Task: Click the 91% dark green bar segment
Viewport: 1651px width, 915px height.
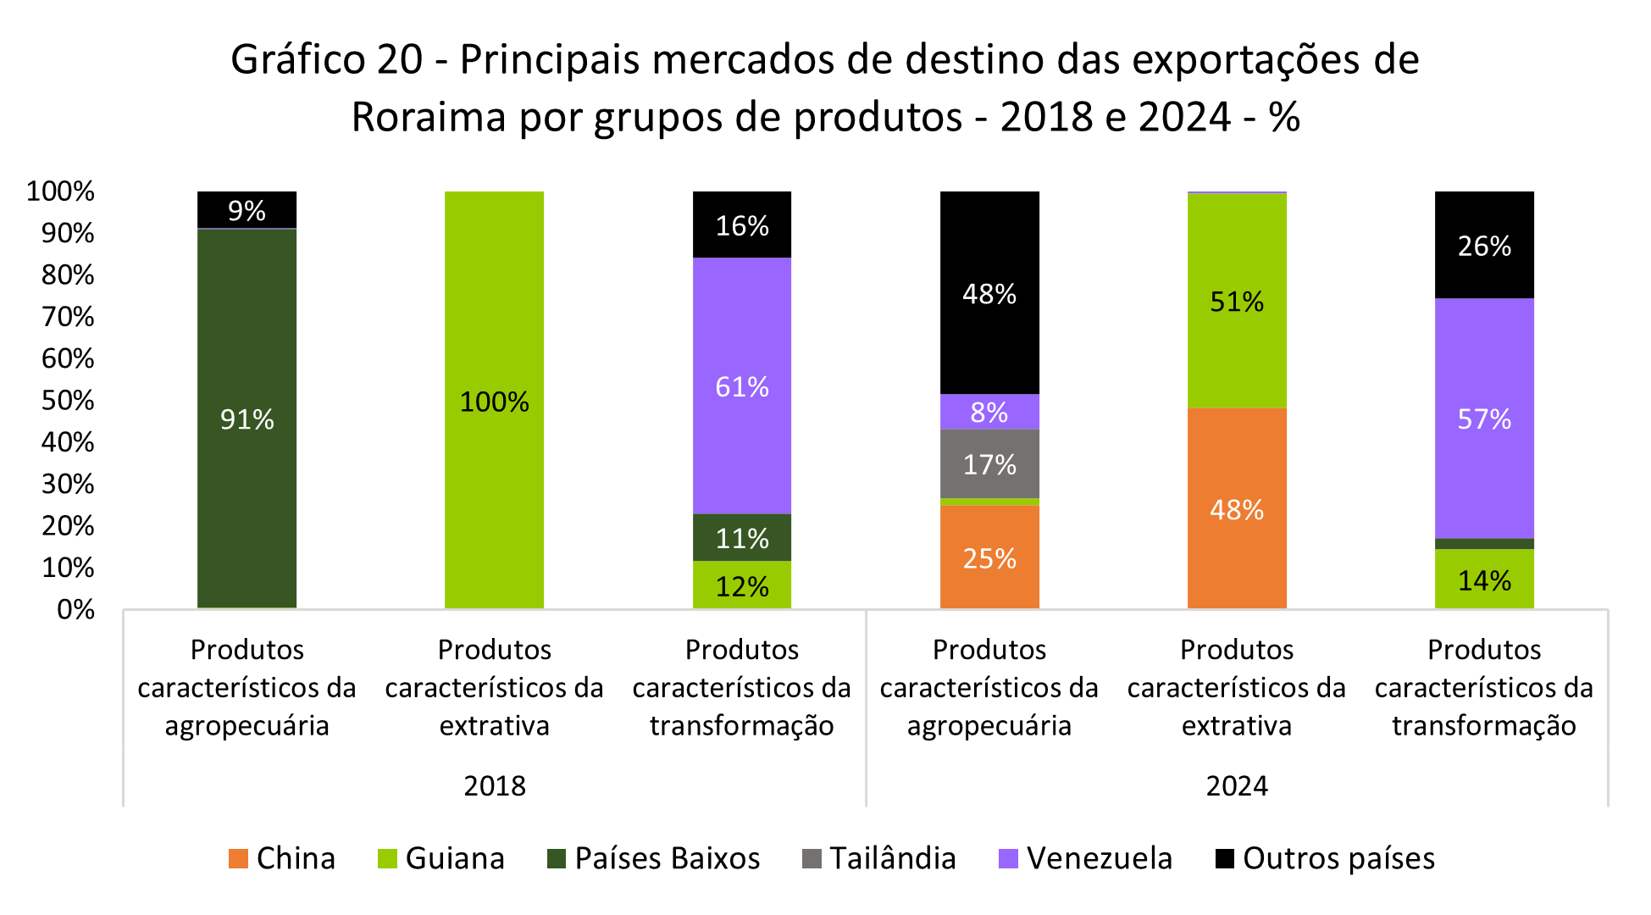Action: [x=247, y=419]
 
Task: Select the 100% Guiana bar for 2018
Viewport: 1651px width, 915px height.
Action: [x=494, y=400]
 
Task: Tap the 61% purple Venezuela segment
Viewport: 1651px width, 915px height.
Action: [x=741, y=386]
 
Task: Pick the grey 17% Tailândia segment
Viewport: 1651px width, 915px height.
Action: [x=989, y=463]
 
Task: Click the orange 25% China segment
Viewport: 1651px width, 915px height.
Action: [x=989, y=557]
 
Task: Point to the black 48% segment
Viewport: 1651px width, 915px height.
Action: [x=989, y=293]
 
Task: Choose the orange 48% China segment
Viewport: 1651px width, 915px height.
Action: [x=1236, y=508]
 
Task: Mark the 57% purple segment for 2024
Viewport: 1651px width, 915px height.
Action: [x=1483, y=419]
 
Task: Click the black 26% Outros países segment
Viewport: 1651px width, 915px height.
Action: [x=1483, y=245]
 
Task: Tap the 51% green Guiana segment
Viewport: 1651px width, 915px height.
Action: [x=1236, y=301]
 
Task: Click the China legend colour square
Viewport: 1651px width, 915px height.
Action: [x=238, y=859]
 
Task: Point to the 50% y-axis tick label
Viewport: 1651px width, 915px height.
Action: [x=68, y=400]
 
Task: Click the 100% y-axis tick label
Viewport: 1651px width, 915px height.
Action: [x=60, y=191]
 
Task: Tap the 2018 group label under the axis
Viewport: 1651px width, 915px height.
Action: [x=495, y=786]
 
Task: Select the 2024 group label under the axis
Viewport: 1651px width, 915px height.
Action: [x=1237, y=786]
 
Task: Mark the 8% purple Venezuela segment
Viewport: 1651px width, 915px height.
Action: [x=989, y=412]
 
